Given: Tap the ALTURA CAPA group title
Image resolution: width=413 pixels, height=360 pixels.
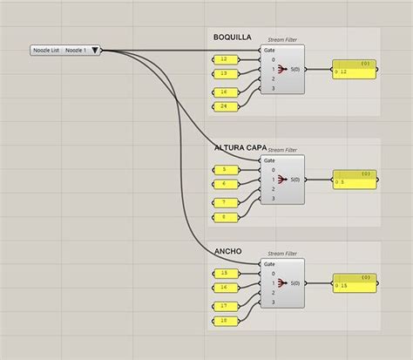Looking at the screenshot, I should (x=240, y=148).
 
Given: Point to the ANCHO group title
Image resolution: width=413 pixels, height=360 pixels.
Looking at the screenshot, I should (x=227, y=252).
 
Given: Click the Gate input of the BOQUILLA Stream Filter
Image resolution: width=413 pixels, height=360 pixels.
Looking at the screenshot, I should (x=270, y=50).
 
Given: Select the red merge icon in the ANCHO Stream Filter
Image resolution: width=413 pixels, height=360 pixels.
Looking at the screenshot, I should (x=283, y=282).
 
